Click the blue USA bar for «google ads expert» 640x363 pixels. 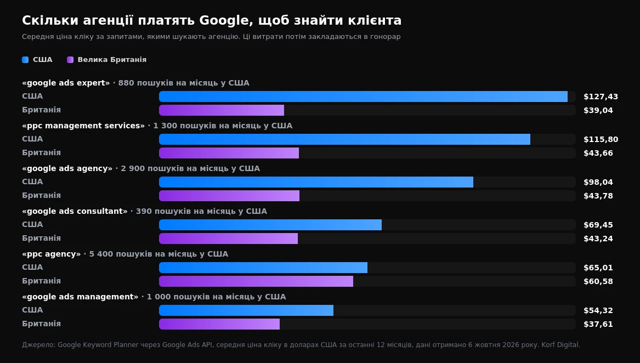363,97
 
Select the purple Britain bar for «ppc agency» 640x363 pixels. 256,281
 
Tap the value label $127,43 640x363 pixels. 601,97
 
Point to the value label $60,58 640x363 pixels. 598,281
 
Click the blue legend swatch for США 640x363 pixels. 25,60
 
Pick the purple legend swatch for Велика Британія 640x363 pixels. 70,60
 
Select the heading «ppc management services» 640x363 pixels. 83,126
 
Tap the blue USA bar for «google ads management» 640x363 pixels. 246,310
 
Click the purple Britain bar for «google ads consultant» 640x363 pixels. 228,239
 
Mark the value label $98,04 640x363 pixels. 598,182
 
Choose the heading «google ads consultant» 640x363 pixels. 75,211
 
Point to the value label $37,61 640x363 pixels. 598,324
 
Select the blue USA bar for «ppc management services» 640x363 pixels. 344,139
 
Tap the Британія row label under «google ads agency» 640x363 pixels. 41,195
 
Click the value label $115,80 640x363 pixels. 601,139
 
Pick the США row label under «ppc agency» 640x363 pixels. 32,267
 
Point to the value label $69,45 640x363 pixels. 598,225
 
